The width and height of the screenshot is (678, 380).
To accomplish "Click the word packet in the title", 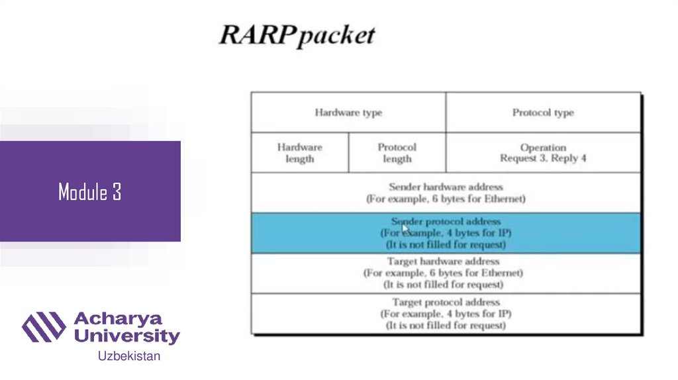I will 336,36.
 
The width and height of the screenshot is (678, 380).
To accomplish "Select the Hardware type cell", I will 348,113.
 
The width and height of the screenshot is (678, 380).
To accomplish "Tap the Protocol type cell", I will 543,113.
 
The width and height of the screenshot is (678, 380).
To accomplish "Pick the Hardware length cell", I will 299,153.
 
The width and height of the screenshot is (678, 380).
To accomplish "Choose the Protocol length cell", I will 397,153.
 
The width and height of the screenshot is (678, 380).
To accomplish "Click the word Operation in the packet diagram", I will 543,148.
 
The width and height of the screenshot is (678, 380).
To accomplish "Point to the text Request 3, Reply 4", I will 543,158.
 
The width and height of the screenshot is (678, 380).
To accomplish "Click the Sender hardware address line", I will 446,187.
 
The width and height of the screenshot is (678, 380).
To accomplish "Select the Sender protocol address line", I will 446,222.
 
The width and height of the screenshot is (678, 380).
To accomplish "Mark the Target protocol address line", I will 446,302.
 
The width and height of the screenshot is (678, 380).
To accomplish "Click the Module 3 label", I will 89,192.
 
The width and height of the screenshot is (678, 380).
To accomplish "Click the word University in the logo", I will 126,336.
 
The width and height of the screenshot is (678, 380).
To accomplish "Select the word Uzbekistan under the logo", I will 129,356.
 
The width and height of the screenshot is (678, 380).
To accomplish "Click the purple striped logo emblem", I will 44,326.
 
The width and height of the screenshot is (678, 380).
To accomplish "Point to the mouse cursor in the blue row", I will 405,228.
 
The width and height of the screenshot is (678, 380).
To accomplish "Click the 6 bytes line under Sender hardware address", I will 446,199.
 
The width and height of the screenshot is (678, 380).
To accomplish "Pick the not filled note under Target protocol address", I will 446,326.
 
